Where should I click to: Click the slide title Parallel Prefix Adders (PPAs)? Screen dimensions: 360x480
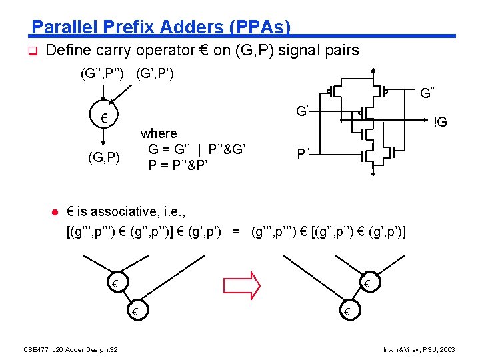161,27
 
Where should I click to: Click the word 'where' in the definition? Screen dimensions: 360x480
159,133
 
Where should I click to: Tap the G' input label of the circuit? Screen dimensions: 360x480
302,110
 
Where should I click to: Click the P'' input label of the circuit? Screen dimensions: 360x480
303,154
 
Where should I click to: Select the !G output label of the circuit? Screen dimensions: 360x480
440,123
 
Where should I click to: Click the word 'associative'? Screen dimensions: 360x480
120,212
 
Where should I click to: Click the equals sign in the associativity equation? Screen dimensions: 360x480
235,232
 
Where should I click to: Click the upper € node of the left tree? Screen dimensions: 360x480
115,285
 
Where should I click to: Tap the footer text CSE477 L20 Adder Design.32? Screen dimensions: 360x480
71,349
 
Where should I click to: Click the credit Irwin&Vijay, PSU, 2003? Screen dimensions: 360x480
419,349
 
